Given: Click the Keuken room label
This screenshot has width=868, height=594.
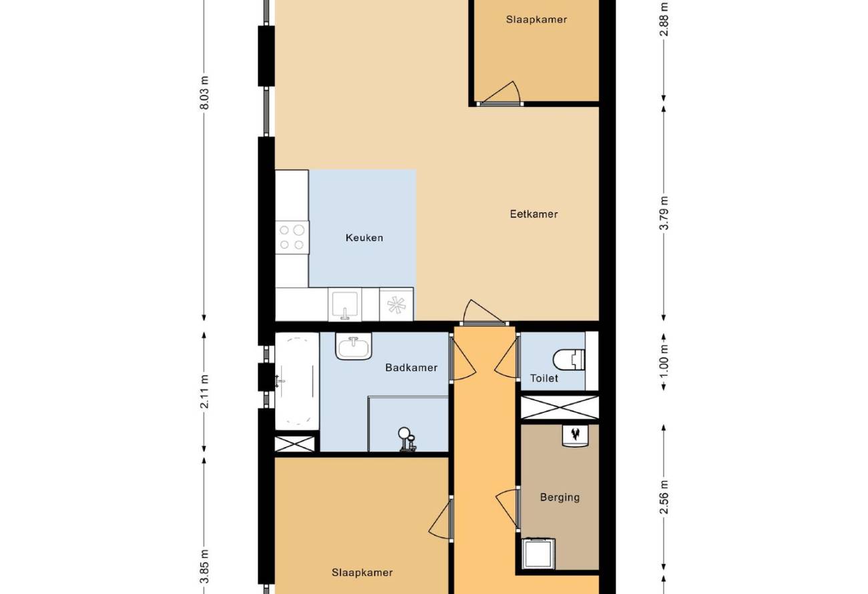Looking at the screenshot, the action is point(365,238).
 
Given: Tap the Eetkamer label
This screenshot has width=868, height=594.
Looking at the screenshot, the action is point(533,214).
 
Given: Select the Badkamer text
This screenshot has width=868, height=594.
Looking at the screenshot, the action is point(411,367).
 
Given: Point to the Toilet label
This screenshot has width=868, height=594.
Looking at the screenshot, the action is point(544,378).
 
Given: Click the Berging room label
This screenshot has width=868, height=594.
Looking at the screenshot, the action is point(560,497).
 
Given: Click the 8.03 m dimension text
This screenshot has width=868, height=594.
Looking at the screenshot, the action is point(204,93).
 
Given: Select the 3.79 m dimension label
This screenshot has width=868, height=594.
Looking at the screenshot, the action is point(664,214).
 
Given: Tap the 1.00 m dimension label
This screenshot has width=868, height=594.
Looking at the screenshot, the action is point(664,361).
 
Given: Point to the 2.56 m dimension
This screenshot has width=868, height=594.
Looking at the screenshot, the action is point(664,498).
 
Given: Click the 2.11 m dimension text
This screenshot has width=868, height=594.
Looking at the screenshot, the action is point(204,391).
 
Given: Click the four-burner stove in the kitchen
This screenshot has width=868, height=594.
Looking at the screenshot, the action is point(292,238).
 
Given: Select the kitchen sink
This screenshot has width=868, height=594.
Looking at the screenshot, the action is point(345,304).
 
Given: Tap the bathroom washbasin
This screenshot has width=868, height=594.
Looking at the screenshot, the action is point(353,346).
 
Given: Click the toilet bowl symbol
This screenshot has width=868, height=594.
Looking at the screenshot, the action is point(568,360).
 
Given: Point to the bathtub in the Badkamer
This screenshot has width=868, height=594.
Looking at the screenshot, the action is point(297,381).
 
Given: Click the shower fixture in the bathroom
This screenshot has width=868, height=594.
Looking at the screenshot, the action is point(407,439).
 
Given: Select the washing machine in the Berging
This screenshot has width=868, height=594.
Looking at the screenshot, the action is point(538,554).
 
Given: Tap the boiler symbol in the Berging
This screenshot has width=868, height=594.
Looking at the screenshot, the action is point(575,436).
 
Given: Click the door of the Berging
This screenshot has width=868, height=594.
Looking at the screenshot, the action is point(508,509).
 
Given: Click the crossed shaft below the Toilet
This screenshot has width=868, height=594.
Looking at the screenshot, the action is point(560,407).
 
